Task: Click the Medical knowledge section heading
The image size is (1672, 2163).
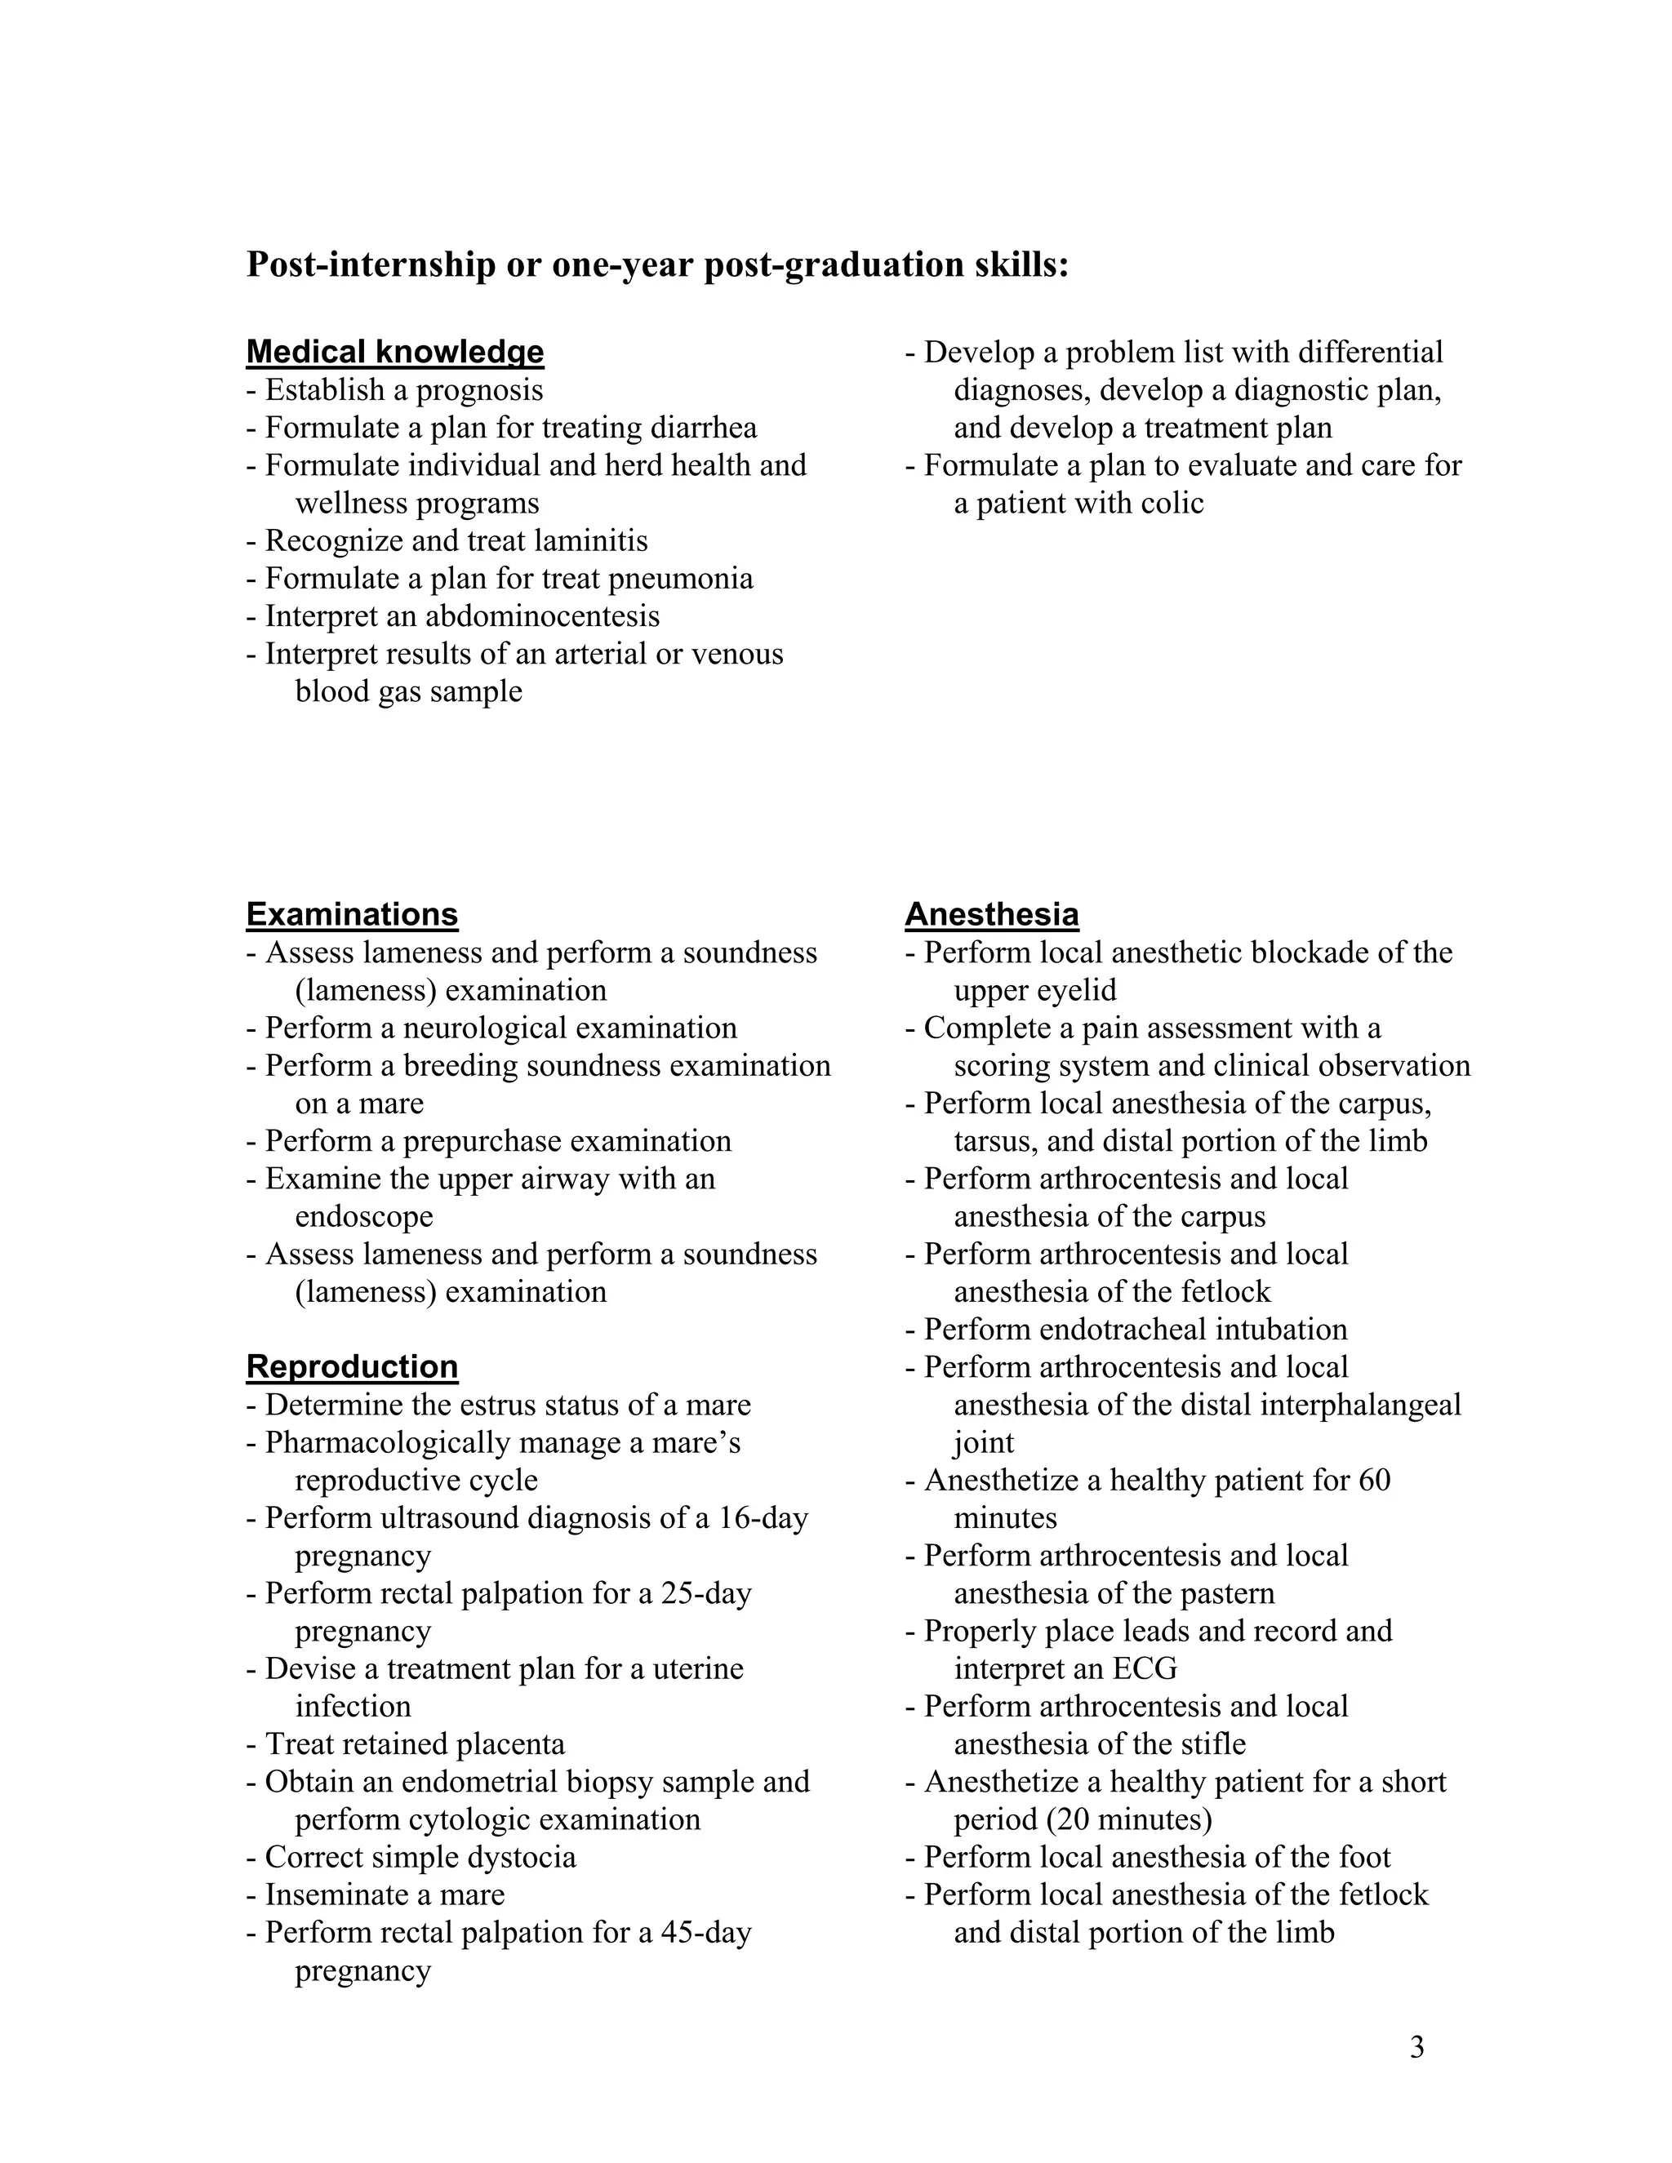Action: [394, 352]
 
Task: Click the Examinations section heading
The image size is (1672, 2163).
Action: [352, 913]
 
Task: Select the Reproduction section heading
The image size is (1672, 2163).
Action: [352, 1366]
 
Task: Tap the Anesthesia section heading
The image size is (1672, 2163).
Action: [991, 913]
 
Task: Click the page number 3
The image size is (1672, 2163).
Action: [1416, 2047]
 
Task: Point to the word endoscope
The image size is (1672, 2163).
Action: [363, 1216]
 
